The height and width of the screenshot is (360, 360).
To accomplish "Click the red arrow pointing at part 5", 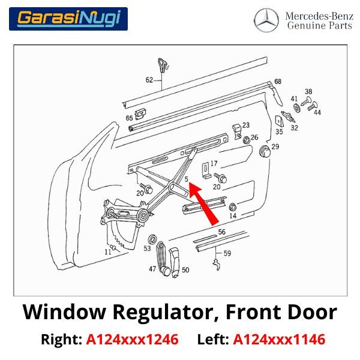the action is (x=203, y=205).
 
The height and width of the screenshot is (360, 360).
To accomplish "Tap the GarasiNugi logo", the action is (x=68, y=19).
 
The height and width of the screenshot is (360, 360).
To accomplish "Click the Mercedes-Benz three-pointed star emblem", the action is (x=266, y=20).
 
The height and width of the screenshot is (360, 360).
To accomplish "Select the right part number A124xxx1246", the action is (x=132, y=340).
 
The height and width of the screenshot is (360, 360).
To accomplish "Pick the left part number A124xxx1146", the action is (x=279, y=340).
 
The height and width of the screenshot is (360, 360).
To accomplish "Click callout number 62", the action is (x=149, y=80).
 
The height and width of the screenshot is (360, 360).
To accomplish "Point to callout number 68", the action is (x=278, y=82).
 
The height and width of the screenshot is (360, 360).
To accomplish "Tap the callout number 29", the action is (x=275, y=146).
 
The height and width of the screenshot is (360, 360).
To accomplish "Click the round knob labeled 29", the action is (x=265, y=152).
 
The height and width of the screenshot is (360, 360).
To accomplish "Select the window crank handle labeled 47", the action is (x=163, y=258).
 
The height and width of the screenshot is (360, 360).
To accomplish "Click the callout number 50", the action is (x=185, y=270).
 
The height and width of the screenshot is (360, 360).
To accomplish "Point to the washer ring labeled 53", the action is (x=152, y=239).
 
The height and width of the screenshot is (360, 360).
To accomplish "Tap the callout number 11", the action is (x=107, y=252).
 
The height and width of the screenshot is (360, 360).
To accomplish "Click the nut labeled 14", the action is (x=233, y=207).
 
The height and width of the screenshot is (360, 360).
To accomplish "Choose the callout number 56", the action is (x=222, y=232).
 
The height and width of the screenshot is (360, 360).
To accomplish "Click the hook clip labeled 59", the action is (x=217, y=264).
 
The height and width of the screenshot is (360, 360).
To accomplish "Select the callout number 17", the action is (x=214, y=163).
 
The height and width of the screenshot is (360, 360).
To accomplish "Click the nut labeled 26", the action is (x=247, y=140).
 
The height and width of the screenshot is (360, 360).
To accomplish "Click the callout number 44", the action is (x=317, y=112).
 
